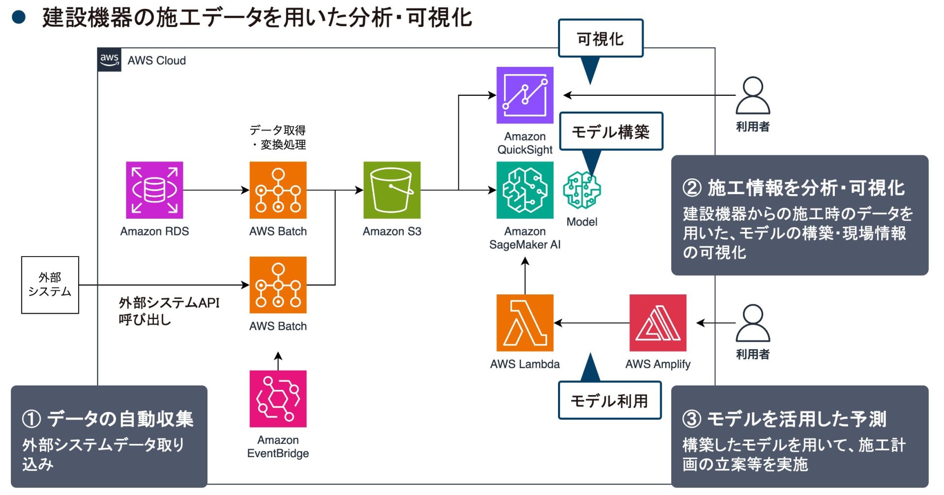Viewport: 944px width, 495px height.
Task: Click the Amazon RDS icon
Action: (x=154, y=190)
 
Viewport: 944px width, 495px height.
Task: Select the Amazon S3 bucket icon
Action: (x=392, y=190)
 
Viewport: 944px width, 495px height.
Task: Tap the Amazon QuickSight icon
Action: (x=525, y=95)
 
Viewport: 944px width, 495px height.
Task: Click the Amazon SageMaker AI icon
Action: (x=525, y=190)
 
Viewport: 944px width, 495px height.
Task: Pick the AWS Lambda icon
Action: (x=525, y=323)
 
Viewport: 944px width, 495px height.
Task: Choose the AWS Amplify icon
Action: (x=658, y=323)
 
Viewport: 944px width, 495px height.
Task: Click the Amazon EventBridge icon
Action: (x=278, y=399)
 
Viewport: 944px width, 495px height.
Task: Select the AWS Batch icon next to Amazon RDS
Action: (x=278, y=190)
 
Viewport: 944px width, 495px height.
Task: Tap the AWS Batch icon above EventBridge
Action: (x=278, y=285)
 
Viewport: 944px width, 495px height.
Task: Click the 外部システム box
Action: (x=50, y=285)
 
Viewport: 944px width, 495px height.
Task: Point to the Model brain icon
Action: (x=582, y=190)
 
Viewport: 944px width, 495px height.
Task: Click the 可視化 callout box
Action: (x=600, y=38)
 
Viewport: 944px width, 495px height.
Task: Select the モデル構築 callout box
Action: (x=611, y=131)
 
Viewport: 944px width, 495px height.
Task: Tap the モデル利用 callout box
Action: (x=610, y=401)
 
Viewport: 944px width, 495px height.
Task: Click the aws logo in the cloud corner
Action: (x=109, y=60)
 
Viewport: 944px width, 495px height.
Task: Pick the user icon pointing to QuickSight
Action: (x=752, y=95)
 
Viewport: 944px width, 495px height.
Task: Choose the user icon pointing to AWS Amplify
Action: (x=752, y=323)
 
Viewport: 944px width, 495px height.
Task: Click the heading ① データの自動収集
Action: (x=108, y=419)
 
